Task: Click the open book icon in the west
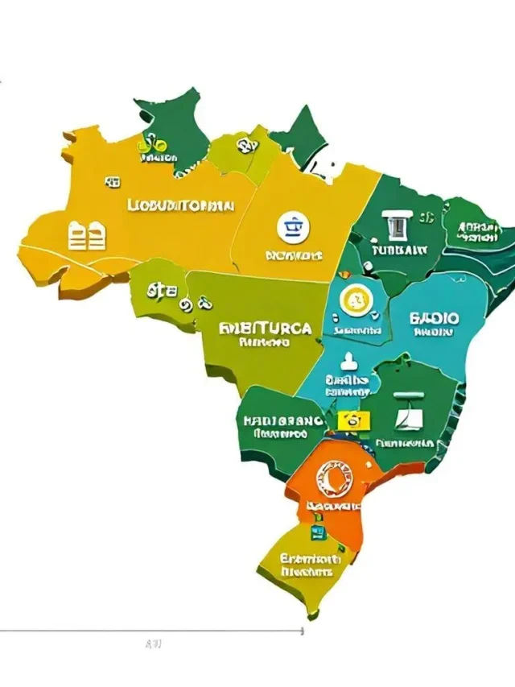pos(87,237)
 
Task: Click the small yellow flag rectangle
pos(352,420)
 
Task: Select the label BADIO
pos(434,319)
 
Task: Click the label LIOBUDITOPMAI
pos(180,205)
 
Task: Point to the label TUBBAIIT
pos(399,250)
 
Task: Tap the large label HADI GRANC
pos(282,421)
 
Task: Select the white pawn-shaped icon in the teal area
pos(348,360)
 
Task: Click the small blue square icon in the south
pos(316,531)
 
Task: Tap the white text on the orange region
pos(332,506)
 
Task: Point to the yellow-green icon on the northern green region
pos(151,146)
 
